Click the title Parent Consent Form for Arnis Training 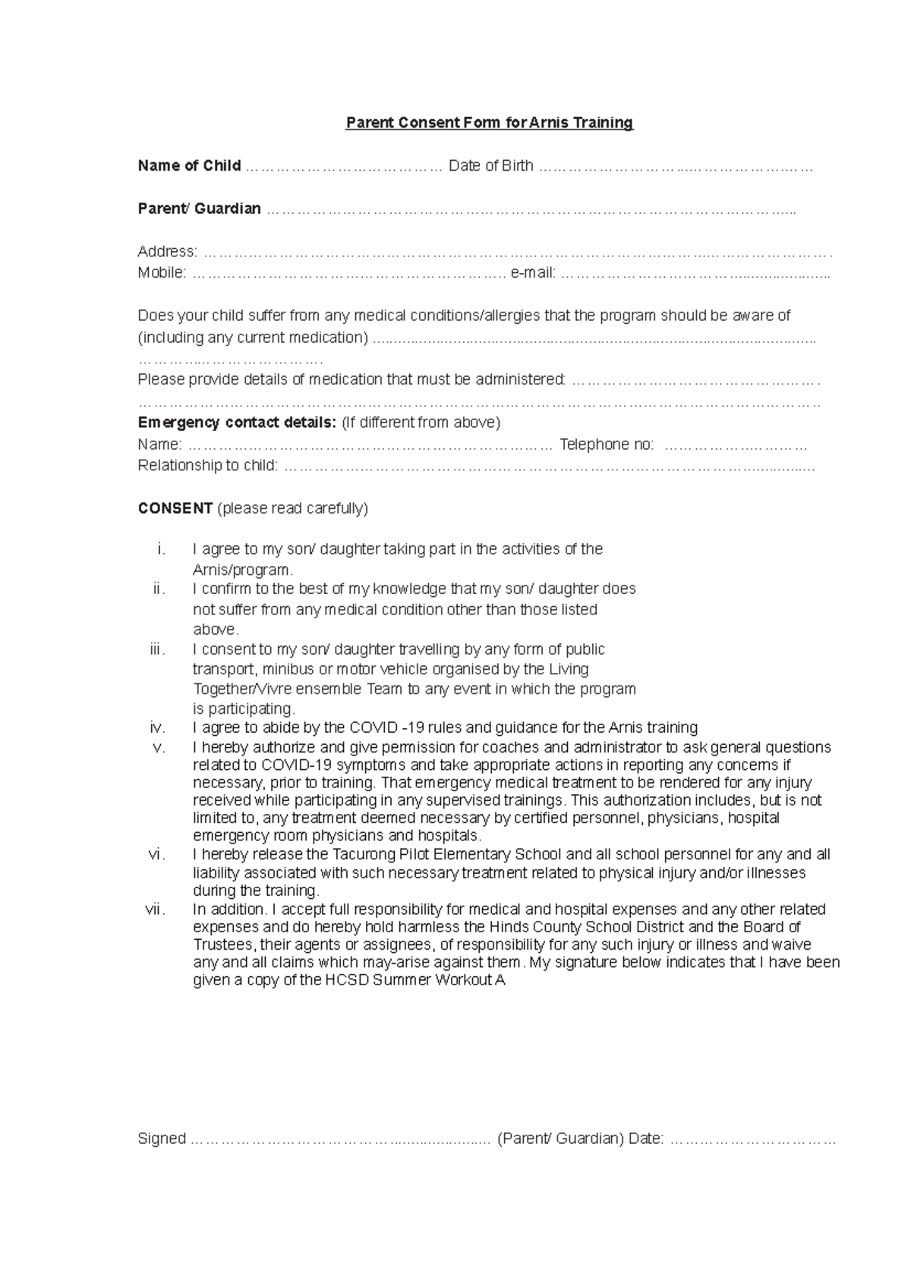(x=489, y=123)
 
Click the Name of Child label (x=189, y=165)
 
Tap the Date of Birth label (x=490, y=165)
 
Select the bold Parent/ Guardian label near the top (x=199, y=209)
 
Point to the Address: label (x=167, y=251)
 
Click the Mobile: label (x=161, y=273)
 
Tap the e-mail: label (x=533, y=273)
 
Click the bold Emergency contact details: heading (x=237, y=422)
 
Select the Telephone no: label (x=606, y=445)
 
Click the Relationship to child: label (x=207, y=466)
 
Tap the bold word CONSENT (x=175, y=508)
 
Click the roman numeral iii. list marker (x=157, y=649)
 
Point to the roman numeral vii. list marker (x=154, y=909)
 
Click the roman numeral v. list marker (x=158, y=747)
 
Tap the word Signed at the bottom (x=162, y=1139)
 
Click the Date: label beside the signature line (x=646, y=1139)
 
